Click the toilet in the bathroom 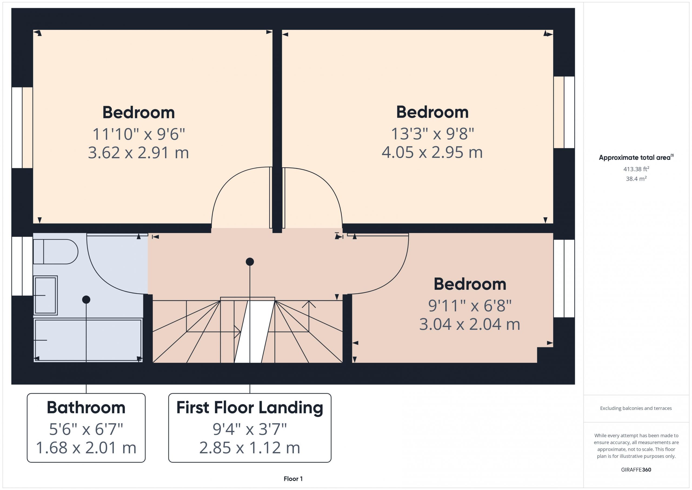[55, 252]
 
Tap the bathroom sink [45, 295]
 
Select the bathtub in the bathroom [88, 340]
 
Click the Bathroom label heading [86, 408]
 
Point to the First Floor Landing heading [250, 408]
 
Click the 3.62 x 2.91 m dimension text [138, 153]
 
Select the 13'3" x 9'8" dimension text [432, 134]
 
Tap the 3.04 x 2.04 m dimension [470, 324]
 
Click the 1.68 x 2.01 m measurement [86, 448]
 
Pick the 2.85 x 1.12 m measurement [250, 448]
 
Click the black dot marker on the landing [250, 262]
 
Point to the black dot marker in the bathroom [86, 300]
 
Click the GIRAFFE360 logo [636, 470]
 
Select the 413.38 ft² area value [636, 169]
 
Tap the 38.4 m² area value [636, 179]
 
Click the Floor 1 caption [293, 479]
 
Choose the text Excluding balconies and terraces [636, 409]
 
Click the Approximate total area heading [636, 157]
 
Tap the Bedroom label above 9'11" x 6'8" [470, 284]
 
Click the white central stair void [254, 332]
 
